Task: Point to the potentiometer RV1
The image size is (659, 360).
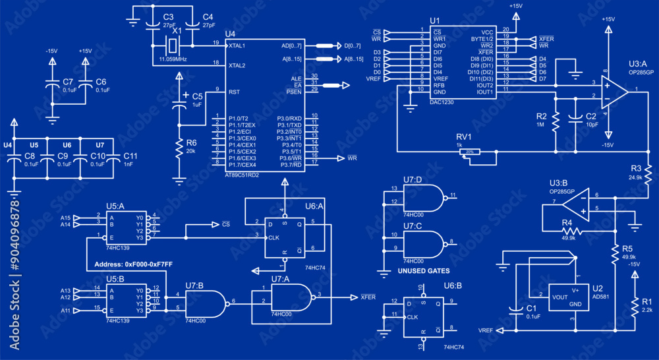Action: [469, 152]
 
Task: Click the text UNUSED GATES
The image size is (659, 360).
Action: [424, 271]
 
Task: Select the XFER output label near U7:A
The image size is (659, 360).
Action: [368, 297]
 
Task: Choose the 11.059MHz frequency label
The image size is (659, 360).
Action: [173, 59]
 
